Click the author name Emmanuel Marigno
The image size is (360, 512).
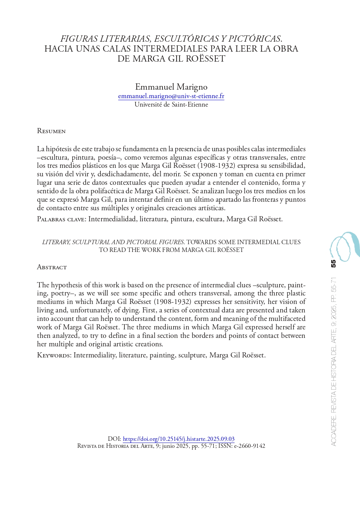[171, 87]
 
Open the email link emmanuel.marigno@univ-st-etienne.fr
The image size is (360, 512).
[171, 96]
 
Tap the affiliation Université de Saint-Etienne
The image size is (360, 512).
[171, 105]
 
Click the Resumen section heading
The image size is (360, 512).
[51, 131]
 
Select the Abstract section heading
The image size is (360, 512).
[52, 267]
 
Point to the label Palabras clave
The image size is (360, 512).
[61, 219]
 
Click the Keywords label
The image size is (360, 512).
[54, 356]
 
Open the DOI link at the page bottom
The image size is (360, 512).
[178, 439]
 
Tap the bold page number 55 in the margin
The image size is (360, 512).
[333, 264]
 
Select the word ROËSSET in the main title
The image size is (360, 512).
[207, 59]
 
